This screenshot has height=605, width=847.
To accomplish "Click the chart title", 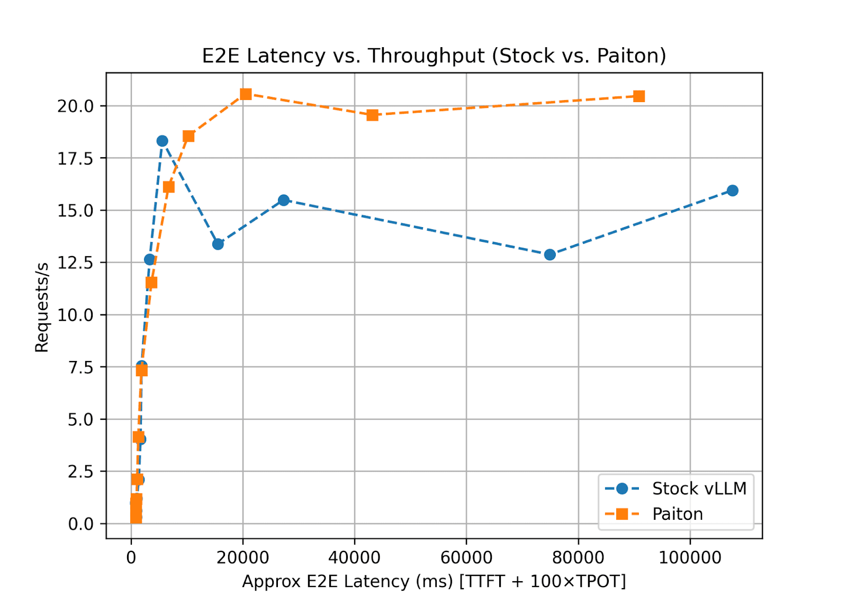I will tap(434, 56).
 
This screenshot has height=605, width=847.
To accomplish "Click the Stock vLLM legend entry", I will tap(699, 489).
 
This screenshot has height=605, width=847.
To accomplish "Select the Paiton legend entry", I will tap(677, 514).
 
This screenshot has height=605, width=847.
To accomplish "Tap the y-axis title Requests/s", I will tap(42, 307).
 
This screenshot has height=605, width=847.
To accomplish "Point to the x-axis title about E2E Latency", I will tap(434, 581).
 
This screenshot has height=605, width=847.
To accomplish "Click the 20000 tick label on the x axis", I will tap(243, 557).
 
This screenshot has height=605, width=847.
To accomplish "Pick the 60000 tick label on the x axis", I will tap(466, 557).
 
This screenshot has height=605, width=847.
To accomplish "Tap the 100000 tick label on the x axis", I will tap(690, 557).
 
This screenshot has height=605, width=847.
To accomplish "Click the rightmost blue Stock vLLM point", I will tap(732, 191).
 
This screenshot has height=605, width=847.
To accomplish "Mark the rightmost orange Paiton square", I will tap(639, 96).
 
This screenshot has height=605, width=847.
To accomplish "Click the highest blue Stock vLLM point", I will tap(163, 141).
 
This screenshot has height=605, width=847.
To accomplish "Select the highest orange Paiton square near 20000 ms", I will tap(246, 94).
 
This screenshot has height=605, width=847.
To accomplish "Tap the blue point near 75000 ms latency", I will tap(550, 255).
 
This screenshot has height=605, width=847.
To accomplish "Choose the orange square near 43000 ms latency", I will tap(372, 115).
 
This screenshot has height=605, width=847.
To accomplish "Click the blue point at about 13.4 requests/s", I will tap(218, 244).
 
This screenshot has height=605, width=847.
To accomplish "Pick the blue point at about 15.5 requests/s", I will tap(284, 200).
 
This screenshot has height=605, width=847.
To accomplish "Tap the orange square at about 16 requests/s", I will tap(168, 187).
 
